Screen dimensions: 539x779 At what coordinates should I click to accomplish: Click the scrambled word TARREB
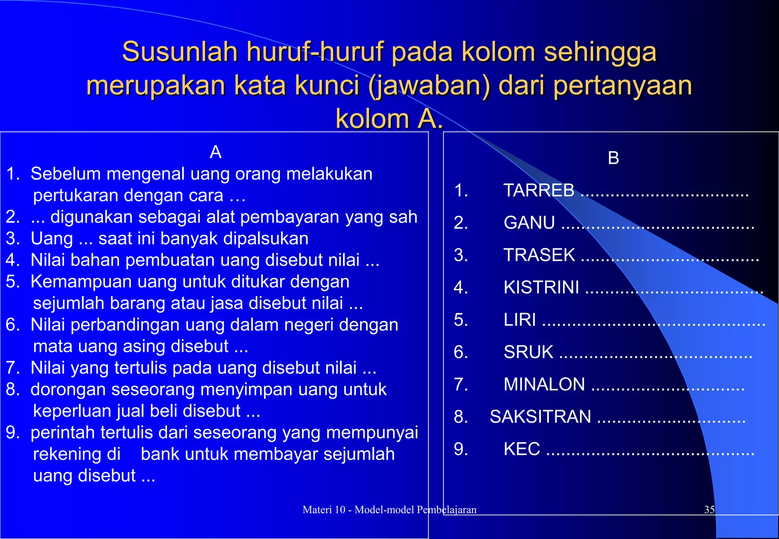tap(539, 190)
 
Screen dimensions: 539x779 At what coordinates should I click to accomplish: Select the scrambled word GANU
tap(529, 223)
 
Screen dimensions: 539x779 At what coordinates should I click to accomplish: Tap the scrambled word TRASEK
tap(539, 255)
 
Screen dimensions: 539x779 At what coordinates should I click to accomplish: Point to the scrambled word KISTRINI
tap(541, 287)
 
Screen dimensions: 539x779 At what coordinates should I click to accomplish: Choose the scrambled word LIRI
tap(520, 320)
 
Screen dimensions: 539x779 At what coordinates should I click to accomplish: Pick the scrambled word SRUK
tap(528, 352)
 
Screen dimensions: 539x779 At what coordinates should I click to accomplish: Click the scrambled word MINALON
tap(544, 384)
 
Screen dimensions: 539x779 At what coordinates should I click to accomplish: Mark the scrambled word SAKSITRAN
tap(541, 417)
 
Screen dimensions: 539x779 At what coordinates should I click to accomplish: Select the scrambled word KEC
tap(521, 449)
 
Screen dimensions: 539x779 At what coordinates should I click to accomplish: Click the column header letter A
tap(216, 152)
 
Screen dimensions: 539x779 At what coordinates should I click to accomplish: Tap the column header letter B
tap(613, 158)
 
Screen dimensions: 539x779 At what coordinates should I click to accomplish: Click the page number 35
tap(709, 510)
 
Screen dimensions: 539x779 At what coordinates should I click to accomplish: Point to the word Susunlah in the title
tap(180, 52)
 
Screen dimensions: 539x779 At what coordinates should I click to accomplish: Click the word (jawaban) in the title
tap(429, 85)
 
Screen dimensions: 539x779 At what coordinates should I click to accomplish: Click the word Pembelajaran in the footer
tap(447, 510)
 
